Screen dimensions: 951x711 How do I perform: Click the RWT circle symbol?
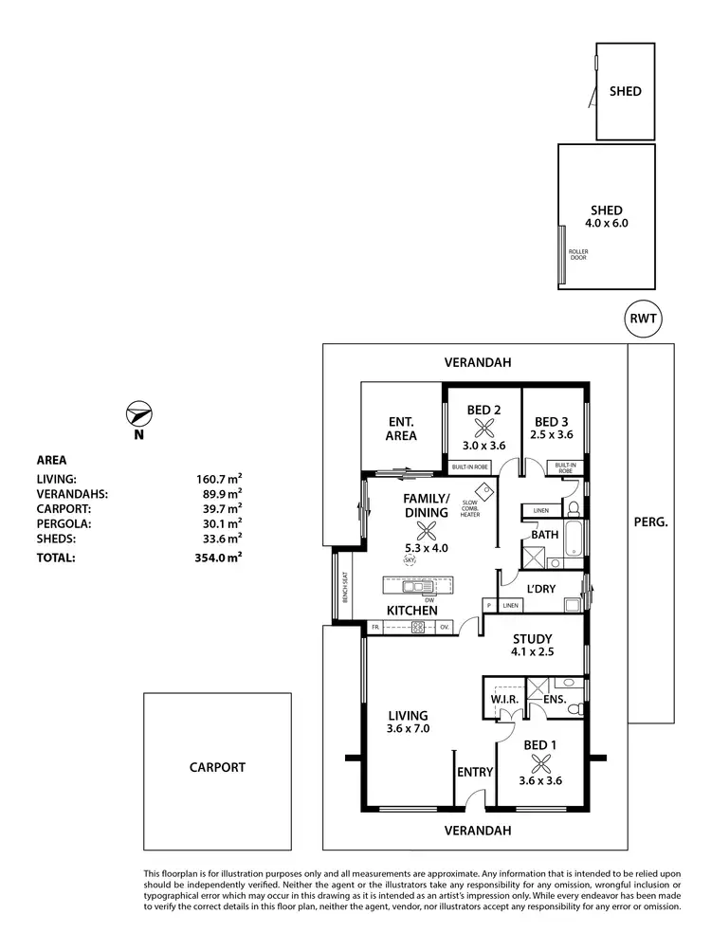click(644, 319)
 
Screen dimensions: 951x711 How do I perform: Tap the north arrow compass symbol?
click(138, 415)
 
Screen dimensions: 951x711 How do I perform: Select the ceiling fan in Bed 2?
click(483, 428)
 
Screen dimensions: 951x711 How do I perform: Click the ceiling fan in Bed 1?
click(539, 764)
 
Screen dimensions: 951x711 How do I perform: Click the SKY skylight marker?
click(410, 560)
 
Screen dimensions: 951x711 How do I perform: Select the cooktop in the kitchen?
click(418, 627)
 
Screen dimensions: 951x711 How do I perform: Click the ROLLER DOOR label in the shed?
click(577, 254)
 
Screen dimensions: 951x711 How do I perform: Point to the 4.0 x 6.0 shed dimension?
click(607, 224)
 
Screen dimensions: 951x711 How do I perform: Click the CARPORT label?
click(216, 768)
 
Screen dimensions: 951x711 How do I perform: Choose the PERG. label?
click(650, 522)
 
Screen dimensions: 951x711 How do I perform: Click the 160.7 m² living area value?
click(218, 479)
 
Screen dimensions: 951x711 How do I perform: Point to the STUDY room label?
click(532, 639)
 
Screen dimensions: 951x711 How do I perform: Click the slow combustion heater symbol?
click(487, 490)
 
